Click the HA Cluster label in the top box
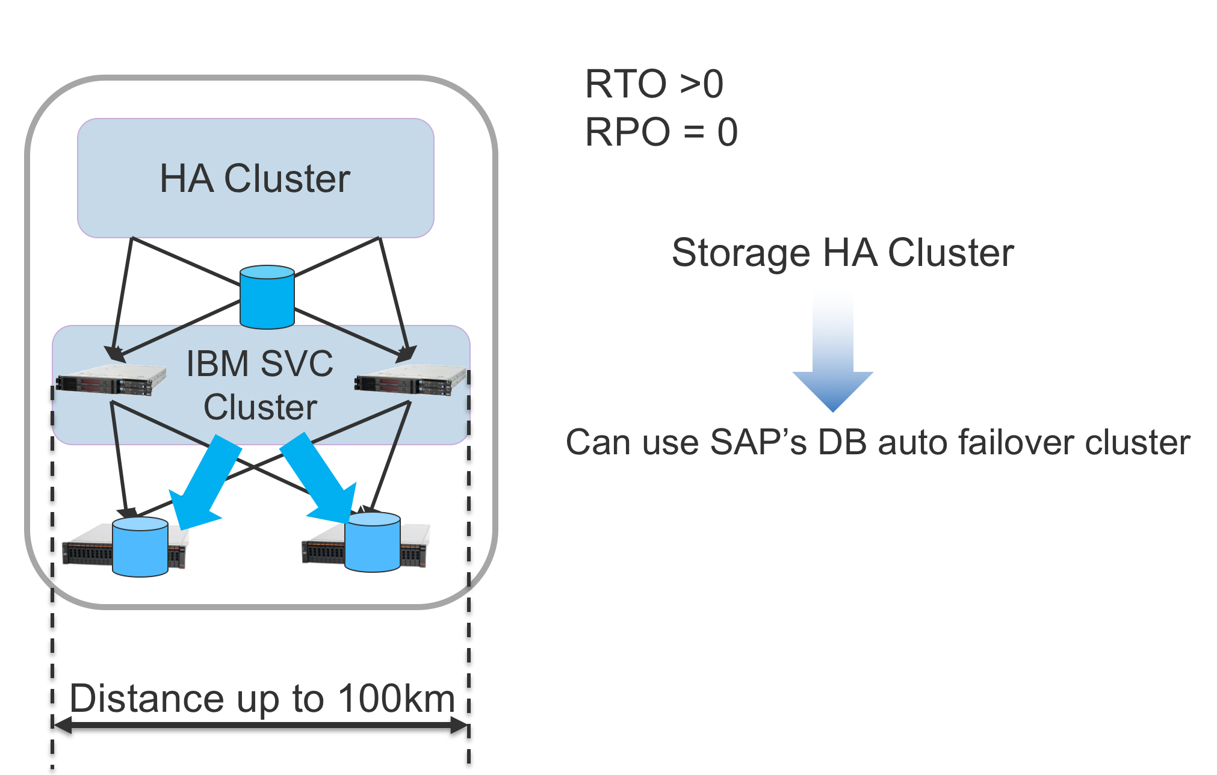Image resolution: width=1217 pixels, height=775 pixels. (x=255, y=179)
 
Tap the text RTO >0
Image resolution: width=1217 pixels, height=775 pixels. (x=654, y=84)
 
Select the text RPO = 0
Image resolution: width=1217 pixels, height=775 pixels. (x=661, y=132)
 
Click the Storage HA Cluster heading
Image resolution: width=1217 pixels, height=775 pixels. (x=842, y=253)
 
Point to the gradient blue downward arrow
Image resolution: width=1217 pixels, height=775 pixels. (x=832, y=355)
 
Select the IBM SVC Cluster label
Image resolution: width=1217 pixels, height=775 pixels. (x=259, y=385)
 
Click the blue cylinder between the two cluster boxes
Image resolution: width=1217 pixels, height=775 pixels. (x=267, y=297)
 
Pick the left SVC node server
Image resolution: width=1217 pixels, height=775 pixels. (x=111, y=380)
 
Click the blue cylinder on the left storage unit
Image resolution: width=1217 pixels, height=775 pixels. (x=140, y=547)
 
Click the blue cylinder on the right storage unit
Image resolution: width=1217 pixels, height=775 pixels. (x=372, y=542)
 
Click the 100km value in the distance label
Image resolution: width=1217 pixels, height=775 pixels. (x=396, y=699)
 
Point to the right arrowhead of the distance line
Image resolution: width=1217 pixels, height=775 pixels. (x=460, y=725)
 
